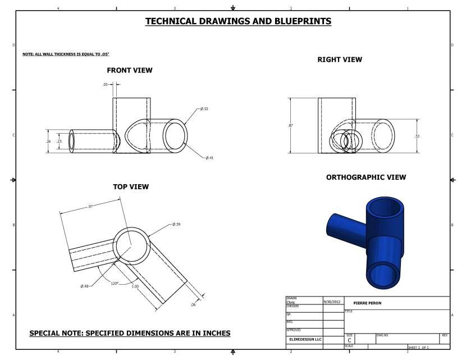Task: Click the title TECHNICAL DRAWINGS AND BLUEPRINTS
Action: pos(238,21)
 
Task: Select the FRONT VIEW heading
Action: pos(130,70)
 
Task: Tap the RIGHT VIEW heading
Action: pos(340,60)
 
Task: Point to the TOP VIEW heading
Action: pos(131,186)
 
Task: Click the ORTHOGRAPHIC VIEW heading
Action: pos(366,177)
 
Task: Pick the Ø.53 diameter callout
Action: pos(204,109)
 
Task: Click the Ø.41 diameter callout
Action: pos(209,158)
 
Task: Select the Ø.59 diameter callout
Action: pos(176,224)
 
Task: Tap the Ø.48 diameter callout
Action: pos(85,286)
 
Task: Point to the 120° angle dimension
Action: pos(115,283)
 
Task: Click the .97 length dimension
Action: pos(90,207)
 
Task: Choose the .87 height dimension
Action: pos(290,125)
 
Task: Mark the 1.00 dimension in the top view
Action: pos(135,286)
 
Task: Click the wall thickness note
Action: pos(65,54)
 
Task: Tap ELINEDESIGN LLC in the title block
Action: pos(305,339)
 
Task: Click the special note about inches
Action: pos(130,333)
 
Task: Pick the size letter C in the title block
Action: pos(350,340)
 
